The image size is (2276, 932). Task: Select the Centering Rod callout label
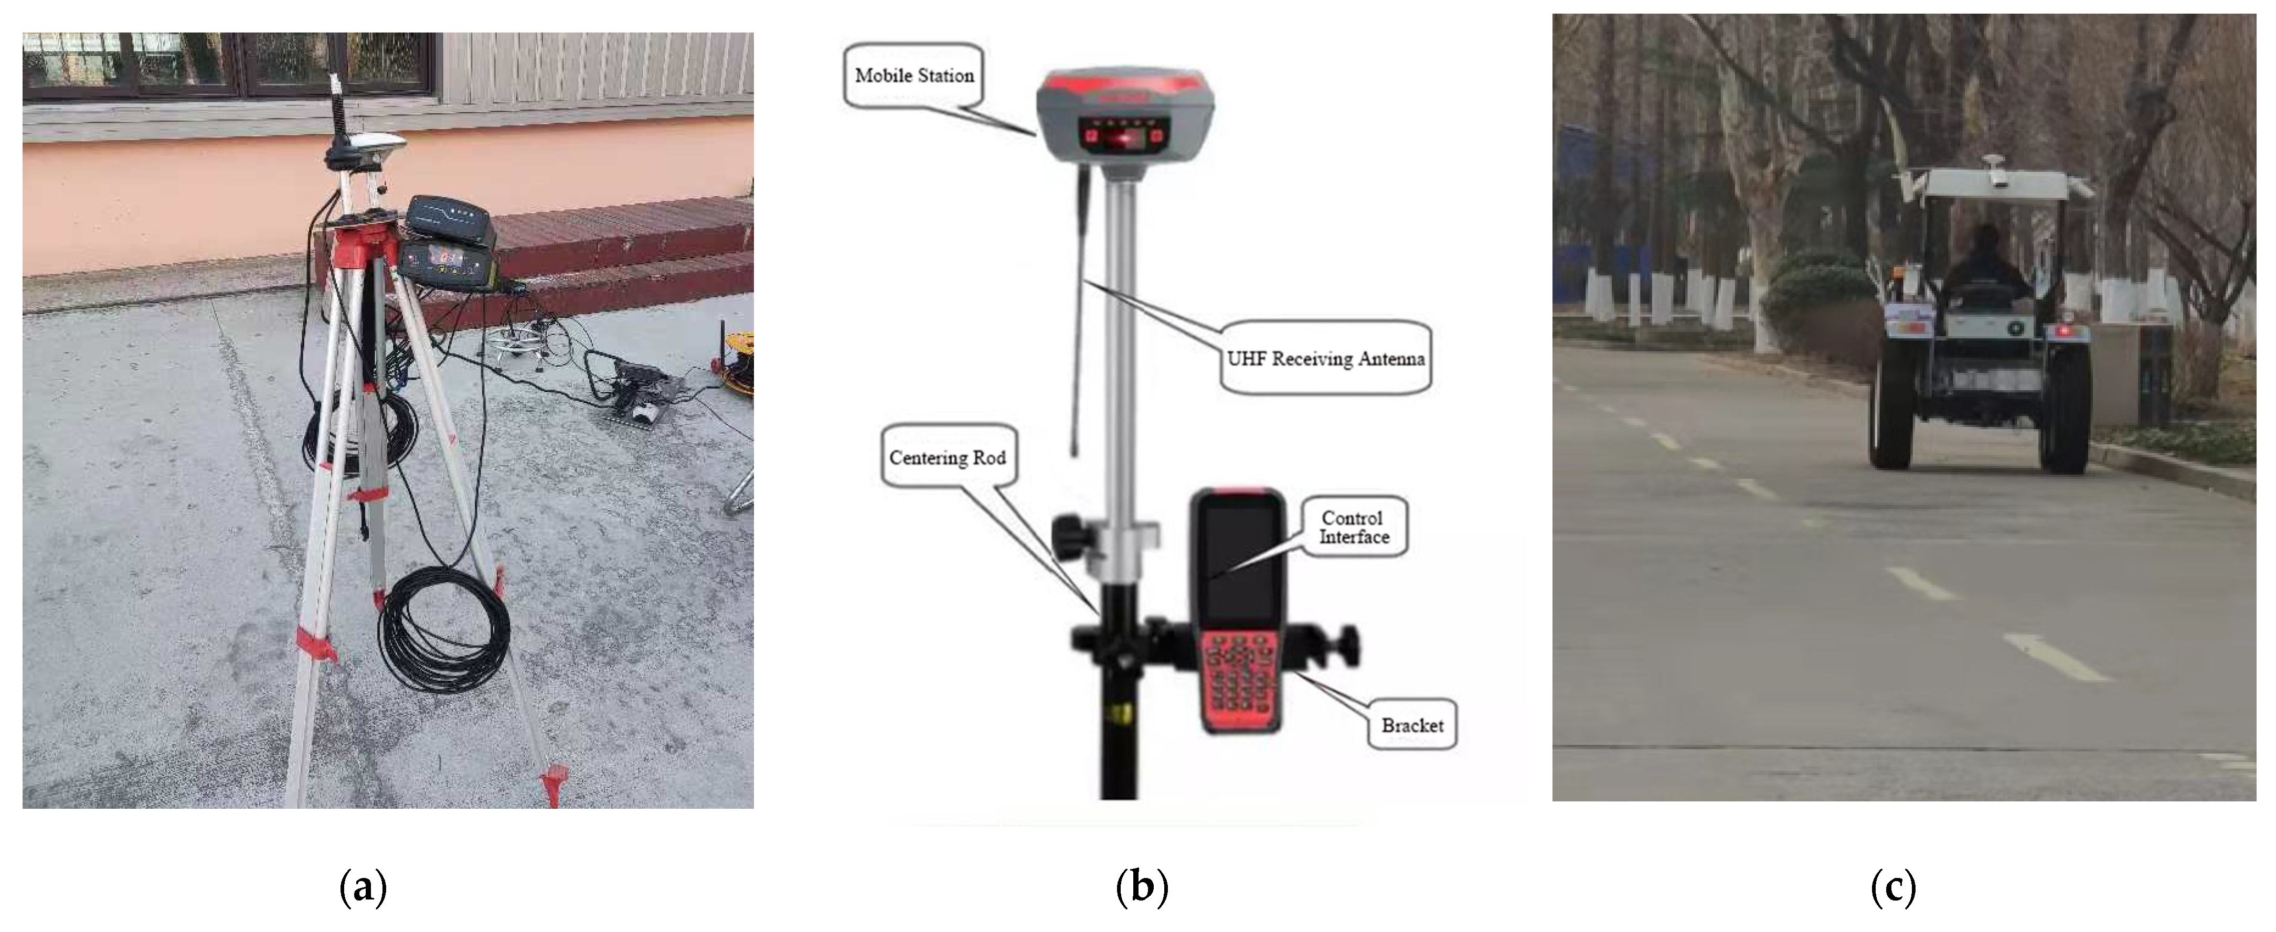coord(947,457)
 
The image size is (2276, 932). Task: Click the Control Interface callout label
coord(1354,528)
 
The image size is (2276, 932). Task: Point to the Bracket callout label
coord(1412,725)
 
